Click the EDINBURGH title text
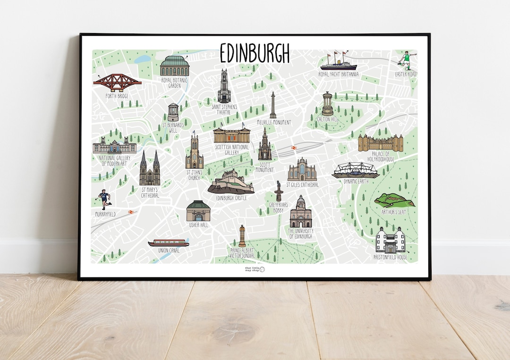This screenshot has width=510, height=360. (x=255, y=53)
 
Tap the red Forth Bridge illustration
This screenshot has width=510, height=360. (x=117, y=83)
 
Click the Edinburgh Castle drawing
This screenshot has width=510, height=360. (x=231, y=182)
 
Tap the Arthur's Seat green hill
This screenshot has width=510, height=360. (x=394, y=200)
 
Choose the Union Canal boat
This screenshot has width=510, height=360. (x=169, y=243)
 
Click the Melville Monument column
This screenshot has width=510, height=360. (x=273, y=105)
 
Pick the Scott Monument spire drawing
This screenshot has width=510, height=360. (x=264, y=145)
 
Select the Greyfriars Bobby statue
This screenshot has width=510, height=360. (x=278, y=191)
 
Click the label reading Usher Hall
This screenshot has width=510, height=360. (x=198, y=225)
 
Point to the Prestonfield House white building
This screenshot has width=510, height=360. (x=390, y=240)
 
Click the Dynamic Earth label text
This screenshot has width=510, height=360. (x=356, y=181)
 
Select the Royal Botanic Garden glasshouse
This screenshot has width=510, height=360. (x=174, y=66)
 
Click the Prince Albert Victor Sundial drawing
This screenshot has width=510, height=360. (x=242, y=235)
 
